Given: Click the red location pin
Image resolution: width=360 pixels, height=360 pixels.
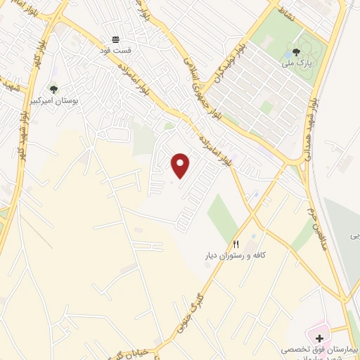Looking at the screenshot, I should coord(181,166).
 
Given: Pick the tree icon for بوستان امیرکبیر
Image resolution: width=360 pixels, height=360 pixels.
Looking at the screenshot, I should coord(54,89).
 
